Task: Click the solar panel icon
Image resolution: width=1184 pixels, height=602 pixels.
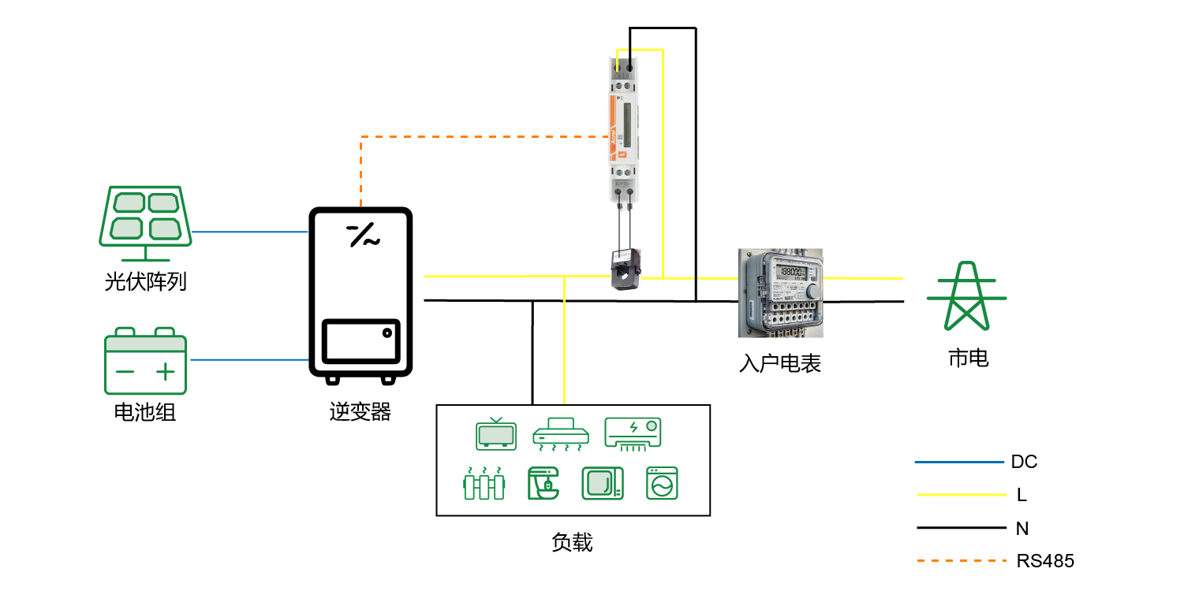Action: pyautogui.click(x=144, y=222)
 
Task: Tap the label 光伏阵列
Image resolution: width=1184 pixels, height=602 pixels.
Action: pyautogui.click(x=145, y=282)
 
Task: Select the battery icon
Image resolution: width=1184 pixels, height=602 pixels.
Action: pyautogui.click(x=146, y=361)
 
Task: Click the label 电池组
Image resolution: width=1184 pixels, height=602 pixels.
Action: pyautogui.click(x=145, y=412)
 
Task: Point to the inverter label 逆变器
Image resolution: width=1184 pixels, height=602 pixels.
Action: pyautogui.click(x=360, y=411)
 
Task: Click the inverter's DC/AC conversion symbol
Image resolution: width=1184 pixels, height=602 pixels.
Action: pyautogui.click(x=363, y=235)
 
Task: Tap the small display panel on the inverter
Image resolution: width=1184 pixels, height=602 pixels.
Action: pyautogui.click(x=360, y=344)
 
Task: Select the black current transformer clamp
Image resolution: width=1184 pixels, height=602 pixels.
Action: pyautogui.click(x=627, y=268)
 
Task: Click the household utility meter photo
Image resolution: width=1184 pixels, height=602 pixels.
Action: pyautogui.click(x=780, y=292)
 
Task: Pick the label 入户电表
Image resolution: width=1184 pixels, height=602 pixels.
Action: pyautogui.click(x=780, y=363)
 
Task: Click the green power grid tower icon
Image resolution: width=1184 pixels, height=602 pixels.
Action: pyautogui.click(x=967, y=295)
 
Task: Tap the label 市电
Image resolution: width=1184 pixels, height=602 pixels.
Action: pyautogui.click(x=968, y=359)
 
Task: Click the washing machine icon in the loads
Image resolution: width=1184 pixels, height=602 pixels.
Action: pyautogui.click(x=662, y=484)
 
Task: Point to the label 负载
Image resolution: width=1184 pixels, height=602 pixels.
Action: pyautogui.click(x=572, y=542)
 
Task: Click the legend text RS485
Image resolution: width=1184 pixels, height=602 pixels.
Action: pyautogui.click(x=1045, y=561)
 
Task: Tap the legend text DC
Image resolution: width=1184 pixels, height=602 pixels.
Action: pyautogui.click(x=1024, y=462)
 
